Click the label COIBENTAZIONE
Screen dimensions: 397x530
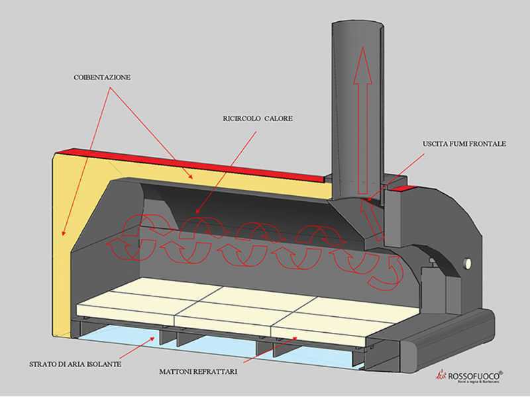pyautogui.click(x=102, y=77)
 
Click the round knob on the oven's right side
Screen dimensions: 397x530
pyautogui.click(x=468, y=264)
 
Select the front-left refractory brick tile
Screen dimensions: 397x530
pyautogui.click(x=126, y=308)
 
